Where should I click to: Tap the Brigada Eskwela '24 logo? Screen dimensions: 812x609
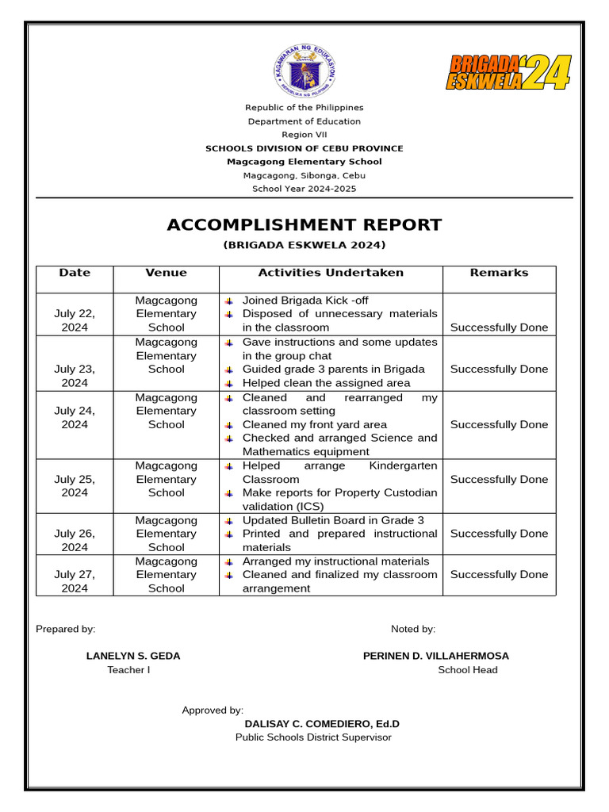pyautogui.click(x=507, y=72)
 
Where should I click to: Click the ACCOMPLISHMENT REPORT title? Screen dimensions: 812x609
pyautogui.click(x=304, y=224)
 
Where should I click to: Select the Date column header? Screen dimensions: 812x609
pyautogui.click(x=75, y=273)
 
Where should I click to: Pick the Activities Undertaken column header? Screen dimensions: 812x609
pyautogui.click(x=331, y=273)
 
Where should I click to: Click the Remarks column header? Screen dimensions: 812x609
pyautogui.click(x=499, y=273)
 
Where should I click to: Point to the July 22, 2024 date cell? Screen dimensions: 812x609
pyautogui.click(x=75, y=320)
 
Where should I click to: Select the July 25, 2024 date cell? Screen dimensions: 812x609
pyautogui.click(x=75, y=485)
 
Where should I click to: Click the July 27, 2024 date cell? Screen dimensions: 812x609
pyautogui.click(x=75, y=581)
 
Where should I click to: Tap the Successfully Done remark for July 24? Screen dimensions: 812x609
pyautogui.click(x=499, y=424)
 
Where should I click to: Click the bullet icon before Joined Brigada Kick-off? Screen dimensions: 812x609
pyautogui.click(x=228, y=301)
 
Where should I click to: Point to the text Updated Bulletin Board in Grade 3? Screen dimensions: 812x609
pyautogui.click(x=333, y=520)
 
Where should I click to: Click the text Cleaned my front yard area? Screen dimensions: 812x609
pyautogui.click(x=315, y=424)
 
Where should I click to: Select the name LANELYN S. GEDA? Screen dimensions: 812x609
pyautogui.click(x=133, y=656)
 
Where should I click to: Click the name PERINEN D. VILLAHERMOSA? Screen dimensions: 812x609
pyautogui.click(x=436, y=656)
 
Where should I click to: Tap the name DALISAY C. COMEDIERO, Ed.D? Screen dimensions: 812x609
pyautogui.click(x=322, y=724)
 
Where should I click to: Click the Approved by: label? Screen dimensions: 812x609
pyautogui.click(x=213, y=710)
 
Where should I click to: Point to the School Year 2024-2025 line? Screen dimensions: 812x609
pyautogui.click(x=304, y=189)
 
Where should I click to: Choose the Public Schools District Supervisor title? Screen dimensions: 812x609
pyautogui.click(x=313, y=737)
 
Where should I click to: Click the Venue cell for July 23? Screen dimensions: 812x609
pyautogui.click(x=167, y=355)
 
